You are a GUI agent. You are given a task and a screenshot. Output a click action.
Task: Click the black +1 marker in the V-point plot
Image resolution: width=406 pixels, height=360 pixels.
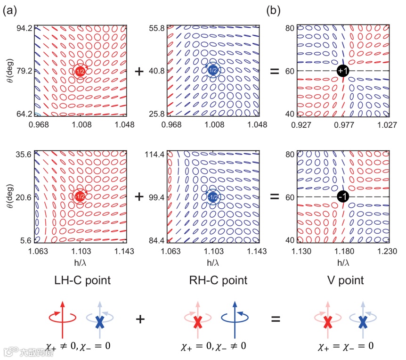point(342,71)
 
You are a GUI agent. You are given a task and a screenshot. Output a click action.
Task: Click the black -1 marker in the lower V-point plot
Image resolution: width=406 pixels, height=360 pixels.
point(342,197)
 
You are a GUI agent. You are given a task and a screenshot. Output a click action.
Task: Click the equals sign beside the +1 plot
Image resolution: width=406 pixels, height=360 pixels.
point(274,71)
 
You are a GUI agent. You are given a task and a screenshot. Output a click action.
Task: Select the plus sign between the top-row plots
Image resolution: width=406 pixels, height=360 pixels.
point(139,71)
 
